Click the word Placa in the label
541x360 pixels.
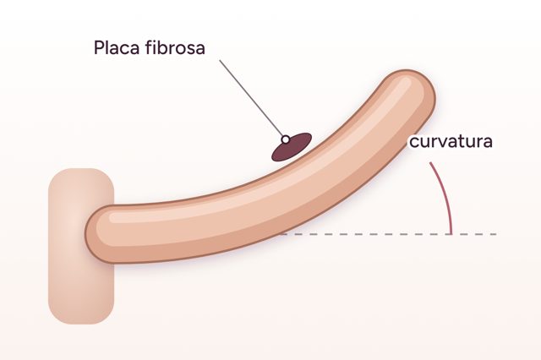(x=117, y=47)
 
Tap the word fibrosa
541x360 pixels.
(x=175, y=47)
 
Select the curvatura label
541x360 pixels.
(x=451, y=142)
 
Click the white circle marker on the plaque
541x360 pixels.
(x=286, y=139)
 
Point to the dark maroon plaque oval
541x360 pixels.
(x=292, y=147)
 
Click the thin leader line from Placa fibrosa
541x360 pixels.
(x=252, y=99)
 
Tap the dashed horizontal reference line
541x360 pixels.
(x=389, y=234)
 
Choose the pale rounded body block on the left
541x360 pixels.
(x=81, y=246)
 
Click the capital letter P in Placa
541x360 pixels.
(x=98, y=47)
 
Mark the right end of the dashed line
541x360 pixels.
(x=496, y=234)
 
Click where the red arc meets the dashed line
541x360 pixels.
(x=451, y=234)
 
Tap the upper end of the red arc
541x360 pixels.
(x=430, y=163)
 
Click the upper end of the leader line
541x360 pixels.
(x=220, y=61)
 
